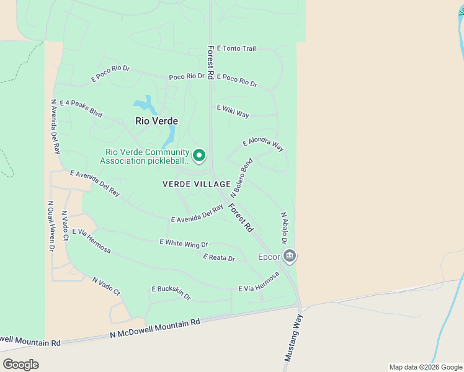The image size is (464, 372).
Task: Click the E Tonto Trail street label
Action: point(236,48)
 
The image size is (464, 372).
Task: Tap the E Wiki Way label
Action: point(233,111)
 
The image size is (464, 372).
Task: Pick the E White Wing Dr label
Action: point(184,243)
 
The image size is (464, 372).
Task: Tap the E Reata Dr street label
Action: point(219,257)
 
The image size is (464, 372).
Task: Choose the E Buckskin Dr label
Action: point(171,293)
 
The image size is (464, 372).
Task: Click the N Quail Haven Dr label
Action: point(51,225)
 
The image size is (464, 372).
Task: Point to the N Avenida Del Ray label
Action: point(55,126)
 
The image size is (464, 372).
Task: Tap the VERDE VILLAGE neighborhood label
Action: point(197,184)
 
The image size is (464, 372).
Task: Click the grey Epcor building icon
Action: point(290,255)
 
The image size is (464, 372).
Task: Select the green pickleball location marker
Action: point(199,156)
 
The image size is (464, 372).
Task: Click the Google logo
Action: point(20,364)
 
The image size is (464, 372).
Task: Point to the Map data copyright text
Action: point(425,367)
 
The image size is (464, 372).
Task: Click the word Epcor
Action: point(269,257)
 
